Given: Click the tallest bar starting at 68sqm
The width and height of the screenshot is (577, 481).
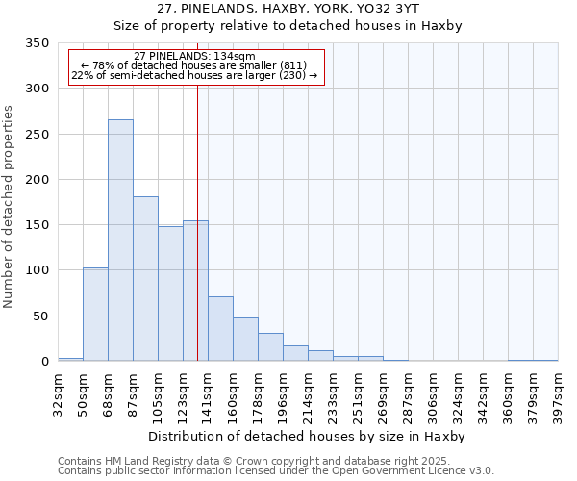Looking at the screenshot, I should [x=120, y=240].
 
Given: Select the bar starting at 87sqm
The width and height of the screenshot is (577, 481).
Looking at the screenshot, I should [x=145, y=279].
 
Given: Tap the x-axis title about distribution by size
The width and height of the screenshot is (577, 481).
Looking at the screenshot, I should [x=308, y=437].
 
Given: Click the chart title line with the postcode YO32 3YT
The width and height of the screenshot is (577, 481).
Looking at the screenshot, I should [x=288, y=9].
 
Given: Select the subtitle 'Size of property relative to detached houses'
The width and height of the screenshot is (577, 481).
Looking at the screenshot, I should [x=288, y=26].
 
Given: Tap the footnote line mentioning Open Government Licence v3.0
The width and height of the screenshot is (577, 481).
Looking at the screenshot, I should [x=276, y=470].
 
